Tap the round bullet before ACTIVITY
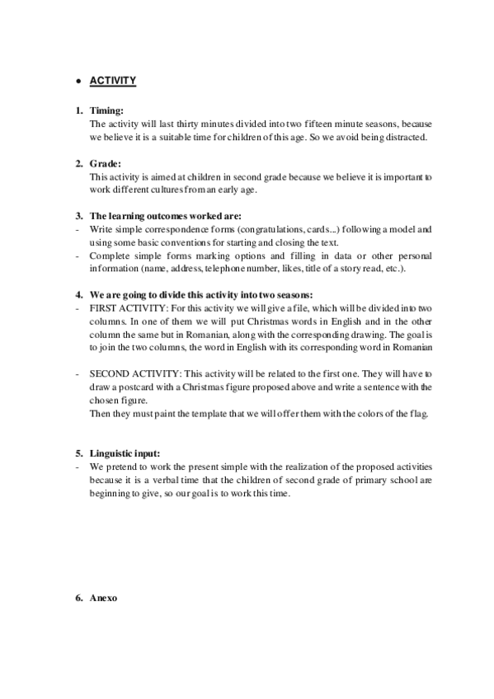[x=76, y=82]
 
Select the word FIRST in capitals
[x=101, y=307]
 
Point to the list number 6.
[x=78, y=597]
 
